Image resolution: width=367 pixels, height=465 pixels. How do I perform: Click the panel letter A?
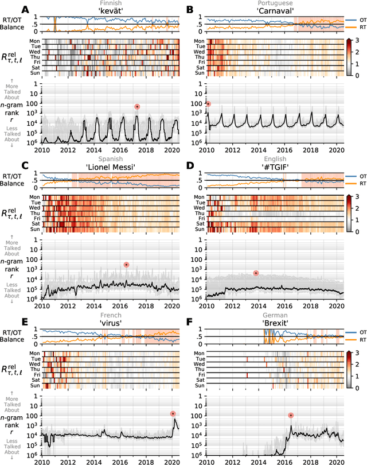(x=25, y=10)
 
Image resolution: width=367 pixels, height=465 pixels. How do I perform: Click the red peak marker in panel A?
(x=137, y=106)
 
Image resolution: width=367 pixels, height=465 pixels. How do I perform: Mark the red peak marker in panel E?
(x=173, y=413)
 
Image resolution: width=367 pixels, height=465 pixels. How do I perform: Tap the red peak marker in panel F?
(x=291, y=415)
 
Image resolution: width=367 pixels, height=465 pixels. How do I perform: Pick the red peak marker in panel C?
(x=126, y=264)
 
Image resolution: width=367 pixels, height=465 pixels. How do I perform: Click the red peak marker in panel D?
(x=256, y=273)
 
